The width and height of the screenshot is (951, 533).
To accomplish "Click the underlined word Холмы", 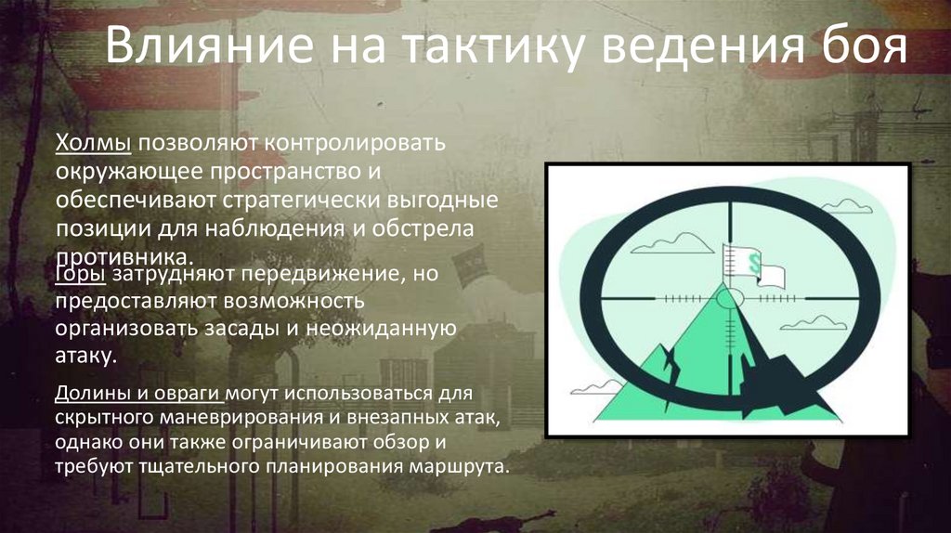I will coord(94,145).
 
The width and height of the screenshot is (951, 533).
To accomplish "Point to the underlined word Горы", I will coord(81,275).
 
